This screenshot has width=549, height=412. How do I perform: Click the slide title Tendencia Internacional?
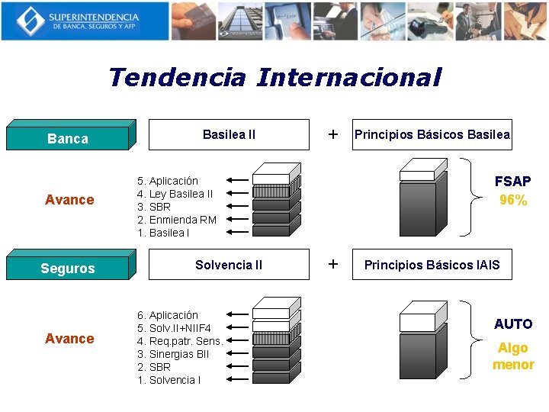pos(274,77)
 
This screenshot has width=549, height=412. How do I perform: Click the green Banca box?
pos(68,138)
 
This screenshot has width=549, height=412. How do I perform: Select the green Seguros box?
pos(68,268)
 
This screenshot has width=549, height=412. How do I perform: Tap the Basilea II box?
pos(229,134)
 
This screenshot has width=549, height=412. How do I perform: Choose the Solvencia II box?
pos(229,265)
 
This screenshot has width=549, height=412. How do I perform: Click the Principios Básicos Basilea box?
pos(432,134)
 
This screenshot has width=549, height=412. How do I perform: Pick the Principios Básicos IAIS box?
pos(432,265)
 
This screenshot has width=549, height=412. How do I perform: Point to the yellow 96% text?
pos(513,201)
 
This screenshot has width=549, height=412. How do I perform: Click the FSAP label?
pos(512,182)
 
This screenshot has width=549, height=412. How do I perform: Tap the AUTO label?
pos(512,323)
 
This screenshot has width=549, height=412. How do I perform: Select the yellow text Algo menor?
pos(512,356)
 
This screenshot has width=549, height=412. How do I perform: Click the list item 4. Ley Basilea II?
pos(175,194)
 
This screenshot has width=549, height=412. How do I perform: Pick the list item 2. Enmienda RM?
pos(176,220)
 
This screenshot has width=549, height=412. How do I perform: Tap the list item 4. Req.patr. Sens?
pos(180,341)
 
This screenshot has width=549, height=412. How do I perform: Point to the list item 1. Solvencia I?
pos(169,380)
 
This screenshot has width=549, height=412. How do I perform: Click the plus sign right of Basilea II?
pos(332,134)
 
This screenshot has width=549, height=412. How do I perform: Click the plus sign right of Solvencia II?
pos(332,264)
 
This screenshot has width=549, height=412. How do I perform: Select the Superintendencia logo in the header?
pos(85,21)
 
